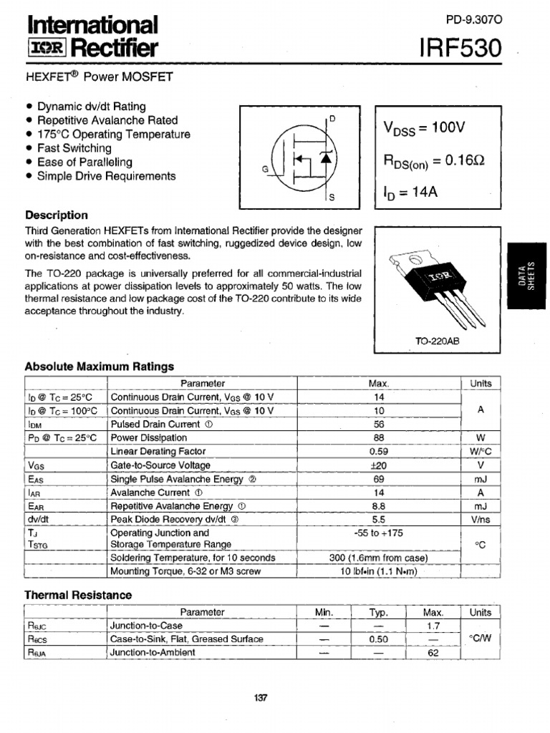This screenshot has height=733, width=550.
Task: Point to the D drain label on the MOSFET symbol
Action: point(332,119)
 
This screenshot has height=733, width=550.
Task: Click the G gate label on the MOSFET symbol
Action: point(266,170)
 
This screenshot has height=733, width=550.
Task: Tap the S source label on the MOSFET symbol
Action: point(332,197)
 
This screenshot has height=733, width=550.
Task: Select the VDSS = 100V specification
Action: point(424,128)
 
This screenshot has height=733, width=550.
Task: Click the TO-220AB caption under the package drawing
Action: point(438,341)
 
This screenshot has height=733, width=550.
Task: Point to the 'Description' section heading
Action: point(57,215)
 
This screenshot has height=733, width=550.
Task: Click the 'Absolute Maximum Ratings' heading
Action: point(100,366)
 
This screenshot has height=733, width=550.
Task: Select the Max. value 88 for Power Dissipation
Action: point(379,438)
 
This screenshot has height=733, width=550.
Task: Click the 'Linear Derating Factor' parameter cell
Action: point(158,452)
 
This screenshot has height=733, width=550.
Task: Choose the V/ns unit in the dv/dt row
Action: point(481,520)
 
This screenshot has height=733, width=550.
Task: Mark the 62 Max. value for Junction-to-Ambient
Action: point(433,653)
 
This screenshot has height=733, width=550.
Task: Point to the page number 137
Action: point(260,698)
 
